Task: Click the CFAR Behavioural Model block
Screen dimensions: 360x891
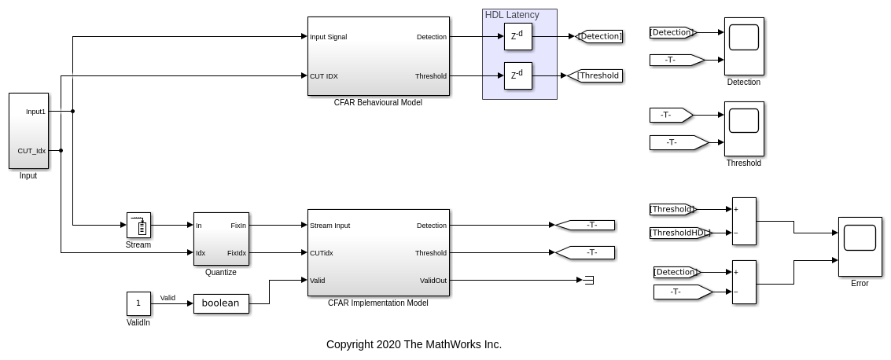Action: pos(378,56)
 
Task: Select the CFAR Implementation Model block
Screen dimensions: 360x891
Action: pos(378,252)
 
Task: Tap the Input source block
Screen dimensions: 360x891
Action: pos(28,130)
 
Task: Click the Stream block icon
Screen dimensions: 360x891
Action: pos(138,225)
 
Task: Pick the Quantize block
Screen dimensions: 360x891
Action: pos(221,239)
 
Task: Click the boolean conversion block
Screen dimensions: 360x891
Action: pos(221,303)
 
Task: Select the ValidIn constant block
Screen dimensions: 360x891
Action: pos(138,303)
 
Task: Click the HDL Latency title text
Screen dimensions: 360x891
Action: pos(512,15)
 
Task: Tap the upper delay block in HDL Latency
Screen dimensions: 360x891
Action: pos(518,36)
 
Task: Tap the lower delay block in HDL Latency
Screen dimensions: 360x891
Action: pos(518,75)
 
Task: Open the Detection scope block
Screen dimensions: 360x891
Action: pos(744,46)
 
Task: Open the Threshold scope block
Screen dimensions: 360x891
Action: pos(744,129)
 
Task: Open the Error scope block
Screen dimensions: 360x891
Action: pos(860,246)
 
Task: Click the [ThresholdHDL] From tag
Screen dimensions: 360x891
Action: pos(680,233)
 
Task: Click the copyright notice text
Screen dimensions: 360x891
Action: pos(414,344)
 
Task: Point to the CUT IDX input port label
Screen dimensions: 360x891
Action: pos(324,76)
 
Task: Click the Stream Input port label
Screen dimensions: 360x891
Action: pos(330,226)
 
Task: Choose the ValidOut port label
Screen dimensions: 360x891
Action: pos(433,281)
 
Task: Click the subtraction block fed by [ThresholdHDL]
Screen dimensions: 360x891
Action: pos(744,221)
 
